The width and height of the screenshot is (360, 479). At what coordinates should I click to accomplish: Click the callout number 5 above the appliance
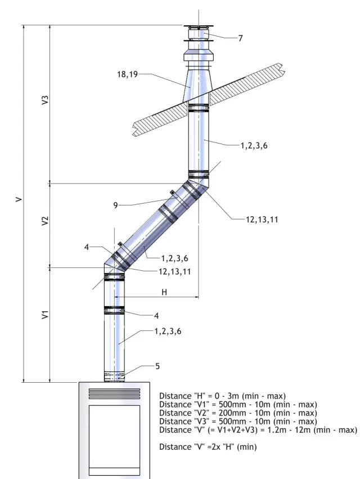point(157,366)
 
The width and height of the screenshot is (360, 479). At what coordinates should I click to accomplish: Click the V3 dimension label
point(46,102)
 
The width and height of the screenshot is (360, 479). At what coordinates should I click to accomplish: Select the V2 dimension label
point(46,221)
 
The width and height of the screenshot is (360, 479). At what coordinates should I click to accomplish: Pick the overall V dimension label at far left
point(19,199)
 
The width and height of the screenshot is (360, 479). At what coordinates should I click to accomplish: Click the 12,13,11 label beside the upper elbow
point(262,220)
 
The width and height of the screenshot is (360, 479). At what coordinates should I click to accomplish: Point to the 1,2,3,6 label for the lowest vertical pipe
point(168,332)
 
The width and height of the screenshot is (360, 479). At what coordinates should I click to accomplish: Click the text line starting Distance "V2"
point(237,413)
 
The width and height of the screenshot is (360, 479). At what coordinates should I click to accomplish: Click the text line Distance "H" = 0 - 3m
point(222,396)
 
